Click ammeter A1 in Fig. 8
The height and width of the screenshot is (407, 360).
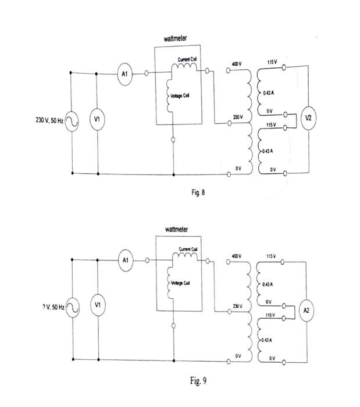click(124, 74)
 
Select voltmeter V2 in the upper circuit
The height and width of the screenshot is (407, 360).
click(308, 118)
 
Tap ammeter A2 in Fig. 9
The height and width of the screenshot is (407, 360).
click(306, 310)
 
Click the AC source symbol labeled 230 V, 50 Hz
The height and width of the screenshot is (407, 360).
click(72, 121)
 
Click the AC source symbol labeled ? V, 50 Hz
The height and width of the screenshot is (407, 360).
click(72, 308)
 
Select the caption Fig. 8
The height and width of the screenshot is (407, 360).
click(198, 192)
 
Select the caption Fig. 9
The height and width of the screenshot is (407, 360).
click(198, 381)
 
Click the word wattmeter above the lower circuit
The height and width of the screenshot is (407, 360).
click(177, 229)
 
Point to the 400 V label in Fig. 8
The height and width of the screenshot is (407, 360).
click(236, 63)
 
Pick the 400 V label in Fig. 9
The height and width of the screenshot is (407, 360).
click(236, 255)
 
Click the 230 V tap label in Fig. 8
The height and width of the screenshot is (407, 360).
click(237, 117)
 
